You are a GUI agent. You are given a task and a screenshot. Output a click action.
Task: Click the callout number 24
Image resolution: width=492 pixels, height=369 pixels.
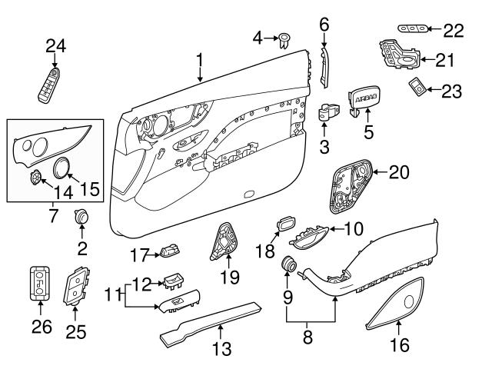[55, 45]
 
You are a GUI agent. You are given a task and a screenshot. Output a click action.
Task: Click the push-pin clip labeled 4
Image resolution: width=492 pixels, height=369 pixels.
[284, 38]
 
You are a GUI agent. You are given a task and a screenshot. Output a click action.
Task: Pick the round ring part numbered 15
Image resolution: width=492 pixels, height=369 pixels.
[64, 167]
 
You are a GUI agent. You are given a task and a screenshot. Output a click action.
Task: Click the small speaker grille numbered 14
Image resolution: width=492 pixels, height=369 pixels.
[35, 178]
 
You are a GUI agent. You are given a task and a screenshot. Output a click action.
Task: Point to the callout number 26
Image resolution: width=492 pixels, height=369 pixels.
[42, 327]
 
